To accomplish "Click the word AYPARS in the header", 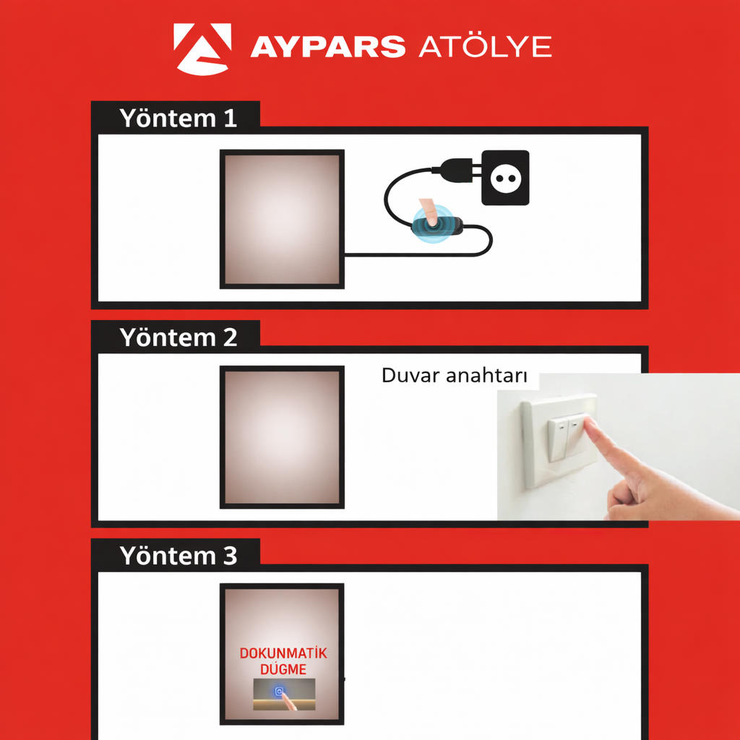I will click(x=327, y=48).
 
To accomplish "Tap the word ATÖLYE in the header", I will click(x=485, y=47).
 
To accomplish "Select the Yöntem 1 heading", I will click(x=178, y=118).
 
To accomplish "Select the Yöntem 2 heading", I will click(x=178, y=337).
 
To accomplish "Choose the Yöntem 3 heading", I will click(x=178, y=556).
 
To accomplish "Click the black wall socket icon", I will click(x=505, y=178).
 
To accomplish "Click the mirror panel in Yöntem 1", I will click(x=281, y=219).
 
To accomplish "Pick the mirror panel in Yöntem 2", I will click(x=281, y=438).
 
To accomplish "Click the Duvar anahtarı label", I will click(x=454, y=377).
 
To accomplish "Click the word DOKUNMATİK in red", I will click(x=283, y=653).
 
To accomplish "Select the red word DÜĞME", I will click(x=283, y=670).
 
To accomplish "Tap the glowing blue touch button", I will click(x=280, y=692).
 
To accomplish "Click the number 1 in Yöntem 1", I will click(x=230, y=118).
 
